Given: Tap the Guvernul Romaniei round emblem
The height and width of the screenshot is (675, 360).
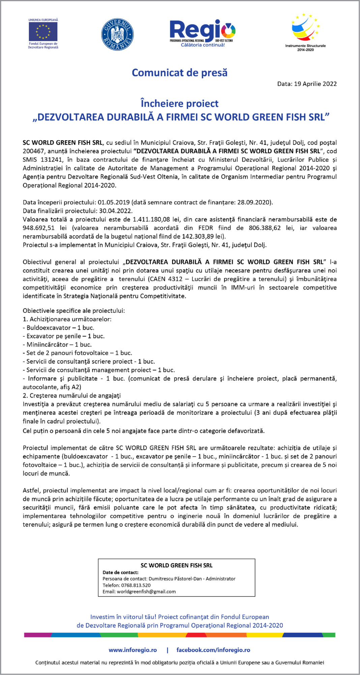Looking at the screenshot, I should click(117, 34).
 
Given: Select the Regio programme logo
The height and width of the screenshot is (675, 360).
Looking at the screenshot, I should click(202, 33).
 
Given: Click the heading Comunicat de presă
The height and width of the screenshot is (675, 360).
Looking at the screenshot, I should click(180, 73).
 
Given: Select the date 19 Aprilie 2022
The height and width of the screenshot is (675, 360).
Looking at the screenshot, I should click(315, 84).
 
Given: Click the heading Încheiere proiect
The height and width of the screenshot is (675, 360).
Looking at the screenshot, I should click(180, 103).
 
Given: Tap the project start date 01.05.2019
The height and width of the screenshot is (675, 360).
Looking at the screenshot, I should click(114, 203).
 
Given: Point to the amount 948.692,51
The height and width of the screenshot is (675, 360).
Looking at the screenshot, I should click(38, 228).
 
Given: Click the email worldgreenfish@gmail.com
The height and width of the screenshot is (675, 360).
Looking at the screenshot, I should click(146, 591).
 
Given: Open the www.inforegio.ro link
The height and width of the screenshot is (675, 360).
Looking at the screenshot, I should click(133, 650).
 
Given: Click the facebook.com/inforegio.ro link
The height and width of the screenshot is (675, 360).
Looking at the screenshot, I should click(213, 650).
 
